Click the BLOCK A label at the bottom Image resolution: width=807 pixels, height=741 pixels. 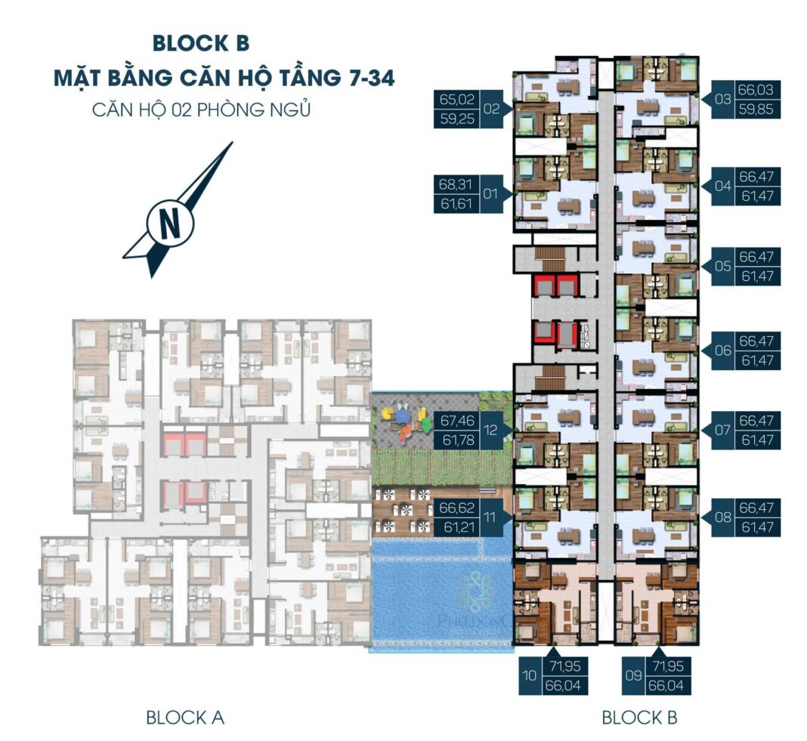(x=185, y=717)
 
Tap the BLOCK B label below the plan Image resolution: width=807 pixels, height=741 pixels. (x=639, y=717)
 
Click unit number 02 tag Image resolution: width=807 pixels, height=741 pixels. (x=492, y=109)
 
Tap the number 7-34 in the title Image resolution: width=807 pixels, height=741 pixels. (x=362, y=76)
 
